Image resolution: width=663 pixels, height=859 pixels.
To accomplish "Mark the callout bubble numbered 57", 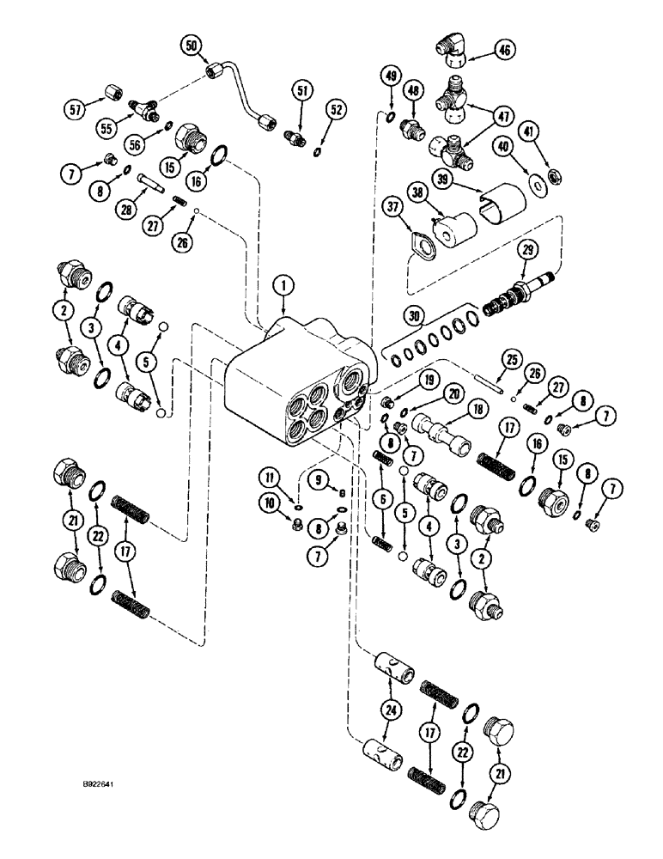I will pyautogui.click(x=76, y=108).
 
